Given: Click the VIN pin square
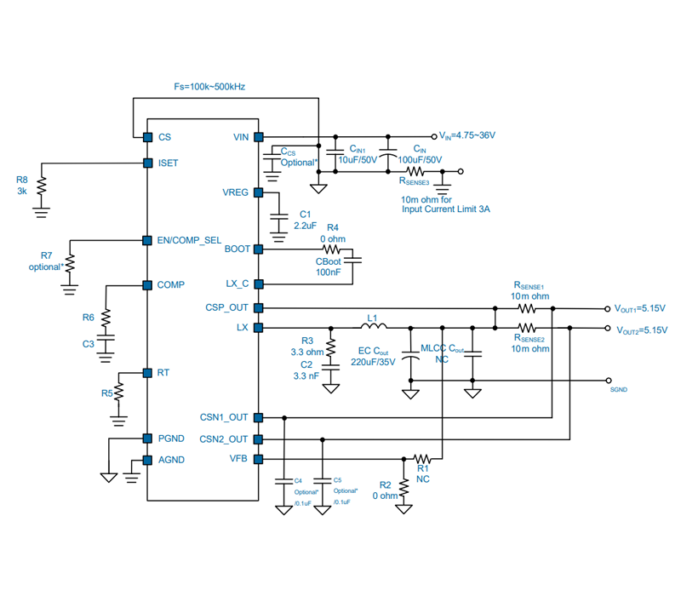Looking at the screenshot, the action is pos(259,137).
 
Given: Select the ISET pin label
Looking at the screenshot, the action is pos(168,163).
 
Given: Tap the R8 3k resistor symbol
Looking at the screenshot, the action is pos(41,186).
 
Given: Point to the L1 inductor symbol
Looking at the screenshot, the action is pos(374,325).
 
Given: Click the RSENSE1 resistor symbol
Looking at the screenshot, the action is pos(527,308).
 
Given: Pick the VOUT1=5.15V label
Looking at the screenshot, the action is pos(640,308).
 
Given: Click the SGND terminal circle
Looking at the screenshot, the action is pos(608,381).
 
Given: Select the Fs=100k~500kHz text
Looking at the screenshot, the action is pos(209,87).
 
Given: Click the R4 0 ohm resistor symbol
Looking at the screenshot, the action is pos(331,249).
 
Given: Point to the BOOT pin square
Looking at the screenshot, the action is pos(259,249).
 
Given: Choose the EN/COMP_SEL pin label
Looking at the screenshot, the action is pos(189,240).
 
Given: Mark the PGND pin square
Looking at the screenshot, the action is pos(147,438).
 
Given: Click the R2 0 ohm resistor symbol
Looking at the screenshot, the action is pos(403,488).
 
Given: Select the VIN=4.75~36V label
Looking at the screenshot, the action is pos(466,135).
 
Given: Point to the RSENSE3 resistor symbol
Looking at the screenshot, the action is pos(415,171).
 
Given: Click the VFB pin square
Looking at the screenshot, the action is pos(259,459).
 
